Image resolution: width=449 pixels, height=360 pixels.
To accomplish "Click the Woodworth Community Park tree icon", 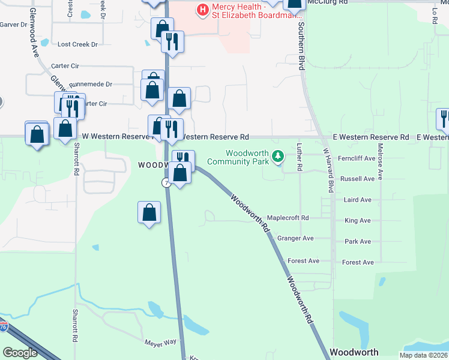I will [277, 157].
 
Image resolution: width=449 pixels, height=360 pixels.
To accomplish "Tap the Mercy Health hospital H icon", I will [202, 9].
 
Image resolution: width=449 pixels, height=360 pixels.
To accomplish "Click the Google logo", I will [20, 353].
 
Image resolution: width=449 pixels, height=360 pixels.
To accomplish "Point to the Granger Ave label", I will [295, 238].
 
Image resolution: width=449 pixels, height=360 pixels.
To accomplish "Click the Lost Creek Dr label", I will [77, 44].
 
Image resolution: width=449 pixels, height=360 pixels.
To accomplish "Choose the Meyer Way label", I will [160, 342].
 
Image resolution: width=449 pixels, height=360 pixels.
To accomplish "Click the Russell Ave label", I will [357, 179].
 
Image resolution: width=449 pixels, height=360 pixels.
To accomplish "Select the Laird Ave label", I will [357, 200].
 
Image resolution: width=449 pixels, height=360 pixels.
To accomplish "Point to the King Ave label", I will [357, 221].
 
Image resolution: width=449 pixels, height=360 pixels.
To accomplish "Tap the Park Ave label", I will [357, 242].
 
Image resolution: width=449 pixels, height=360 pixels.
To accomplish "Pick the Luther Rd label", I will [300, 155].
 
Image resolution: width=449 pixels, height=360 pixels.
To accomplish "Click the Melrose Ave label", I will [381, 155].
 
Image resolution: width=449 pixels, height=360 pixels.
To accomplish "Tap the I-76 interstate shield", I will [4, 327].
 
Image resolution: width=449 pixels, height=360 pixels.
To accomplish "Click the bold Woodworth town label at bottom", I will [354, 352].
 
